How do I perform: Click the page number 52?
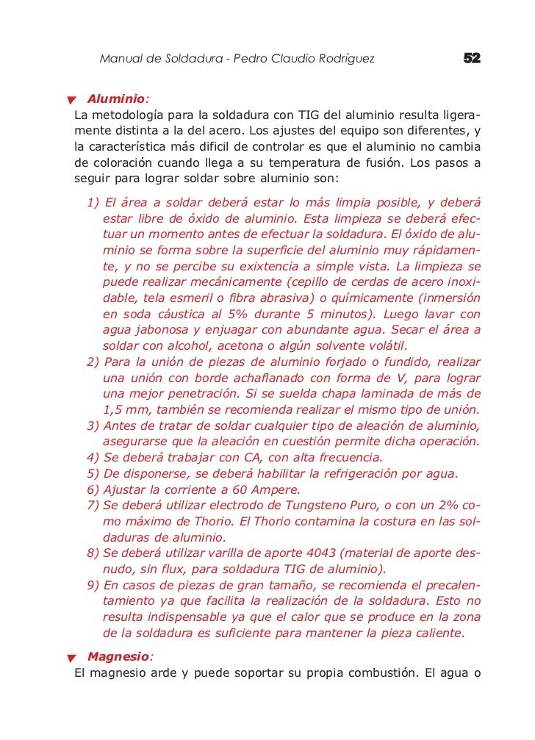[x=472, y=58]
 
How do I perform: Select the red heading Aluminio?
[x=115, y=98]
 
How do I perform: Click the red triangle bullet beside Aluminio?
[x=72, y=100]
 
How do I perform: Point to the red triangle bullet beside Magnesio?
[x=72, y=658]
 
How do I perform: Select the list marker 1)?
[x=93, y=202]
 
